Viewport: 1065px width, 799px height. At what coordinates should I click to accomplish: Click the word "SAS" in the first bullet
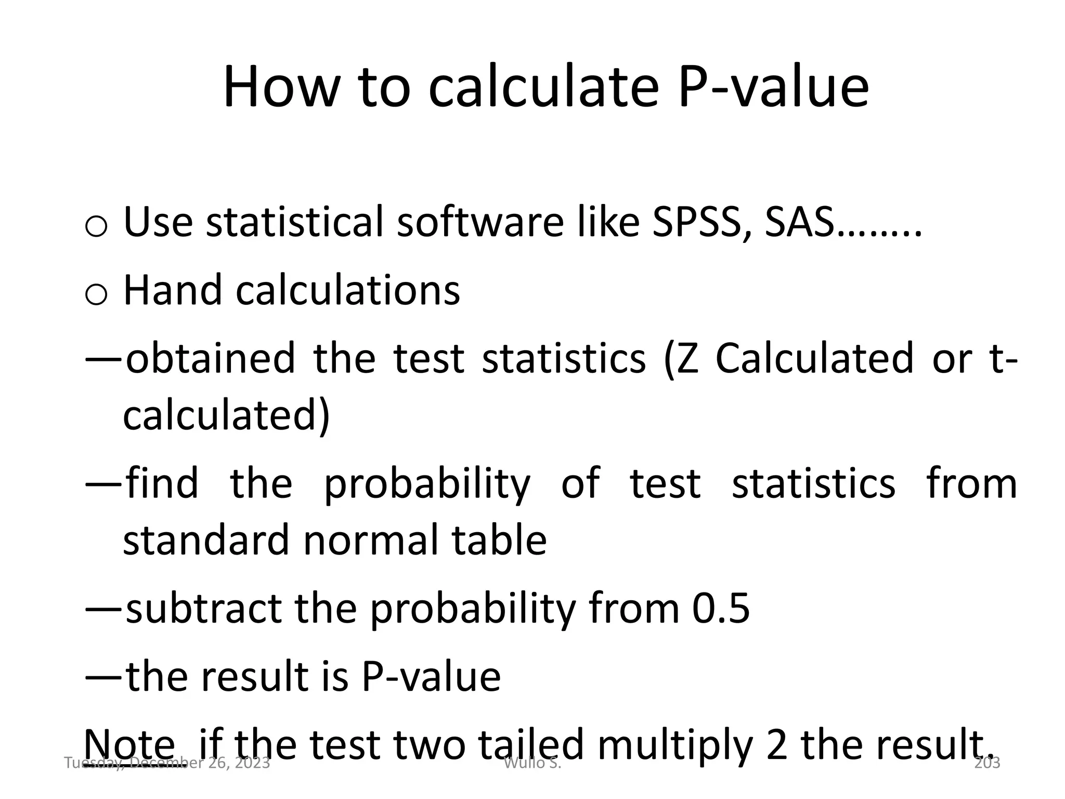coord(801,223)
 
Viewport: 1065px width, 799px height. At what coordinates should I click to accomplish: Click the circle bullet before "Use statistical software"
coord(96,227)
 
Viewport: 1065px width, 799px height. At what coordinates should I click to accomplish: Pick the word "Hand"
coord(172,290)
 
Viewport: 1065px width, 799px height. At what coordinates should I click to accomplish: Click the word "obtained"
coord(211,358)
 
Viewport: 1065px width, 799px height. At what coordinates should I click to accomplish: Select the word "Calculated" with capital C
coord(814,358)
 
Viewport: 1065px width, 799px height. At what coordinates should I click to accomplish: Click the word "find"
coord(162,483)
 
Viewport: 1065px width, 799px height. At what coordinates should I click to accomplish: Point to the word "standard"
coord(205,539)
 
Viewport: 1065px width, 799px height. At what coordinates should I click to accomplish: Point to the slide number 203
coord(986,763)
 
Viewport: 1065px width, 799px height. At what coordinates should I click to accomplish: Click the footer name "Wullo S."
coord(532,763)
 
